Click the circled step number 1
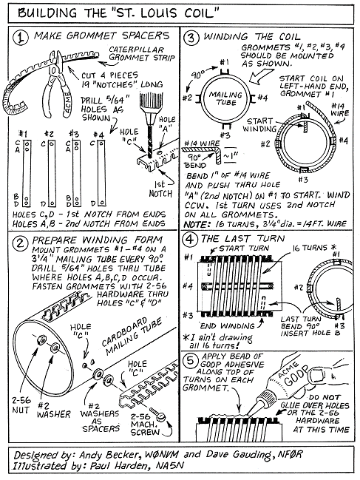coord(20,37)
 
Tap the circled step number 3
coord(191,38)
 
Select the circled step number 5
coord(190,361)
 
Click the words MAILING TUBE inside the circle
coord(225,98)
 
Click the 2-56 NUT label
coord(21,405)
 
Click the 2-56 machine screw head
coord(160,416)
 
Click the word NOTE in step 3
coord(195,224)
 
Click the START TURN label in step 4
coord(244,249)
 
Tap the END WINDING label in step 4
coord(227,326)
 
